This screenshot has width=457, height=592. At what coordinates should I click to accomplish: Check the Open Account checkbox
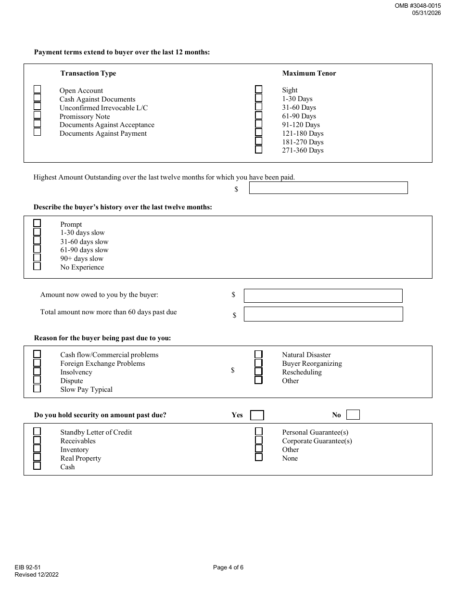[37, 89]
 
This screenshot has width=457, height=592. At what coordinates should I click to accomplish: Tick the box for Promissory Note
[37, 115]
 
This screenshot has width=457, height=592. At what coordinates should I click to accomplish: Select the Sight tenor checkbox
[259, 89]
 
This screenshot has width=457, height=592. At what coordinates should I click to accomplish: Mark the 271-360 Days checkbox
[259, 150]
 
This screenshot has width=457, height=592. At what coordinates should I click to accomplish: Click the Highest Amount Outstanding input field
[328, 188]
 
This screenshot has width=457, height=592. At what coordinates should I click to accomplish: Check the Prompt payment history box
[37, 223]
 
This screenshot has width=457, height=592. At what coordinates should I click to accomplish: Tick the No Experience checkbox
[37, 266]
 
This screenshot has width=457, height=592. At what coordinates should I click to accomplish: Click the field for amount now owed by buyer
[323, 296]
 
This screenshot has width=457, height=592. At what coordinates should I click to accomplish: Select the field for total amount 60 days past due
[323, 314]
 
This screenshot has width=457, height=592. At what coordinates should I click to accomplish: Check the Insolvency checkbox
[37, 371]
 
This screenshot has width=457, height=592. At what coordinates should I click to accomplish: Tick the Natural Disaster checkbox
[259, 354]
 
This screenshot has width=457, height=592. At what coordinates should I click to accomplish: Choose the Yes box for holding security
[257, 415]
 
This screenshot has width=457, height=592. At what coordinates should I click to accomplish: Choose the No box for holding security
[353, 414]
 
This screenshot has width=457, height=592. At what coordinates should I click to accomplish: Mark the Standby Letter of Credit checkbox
[37, 431]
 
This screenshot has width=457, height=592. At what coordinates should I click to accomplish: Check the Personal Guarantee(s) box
[259, 431]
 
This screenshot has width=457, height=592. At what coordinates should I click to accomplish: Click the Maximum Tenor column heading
[309, 73]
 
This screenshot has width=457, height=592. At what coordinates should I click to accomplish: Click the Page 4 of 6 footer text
[228, 567]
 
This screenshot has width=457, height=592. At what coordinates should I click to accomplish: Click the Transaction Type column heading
[88, 73]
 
